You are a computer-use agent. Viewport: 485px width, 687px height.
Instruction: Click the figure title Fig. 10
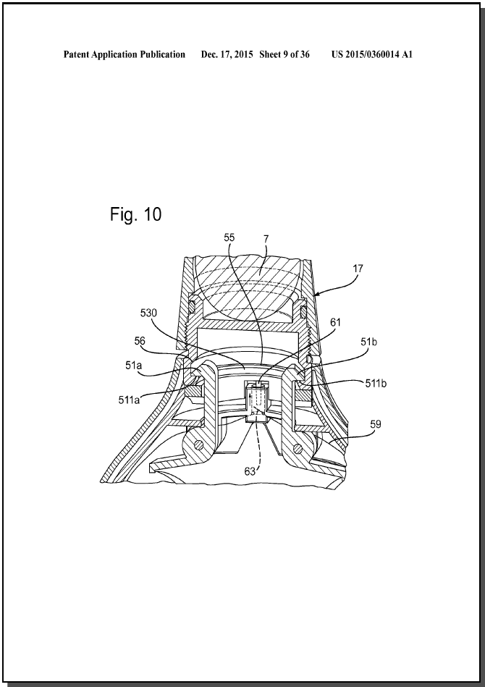coord(135,214)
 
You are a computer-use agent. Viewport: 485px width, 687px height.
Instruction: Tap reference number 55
coord(229,237)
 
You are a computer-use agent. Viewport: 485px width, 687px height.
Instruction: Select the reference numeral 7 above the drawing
coord(266,239)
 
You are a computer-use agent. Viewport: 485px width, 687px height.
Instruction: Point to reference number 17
coord(358,269)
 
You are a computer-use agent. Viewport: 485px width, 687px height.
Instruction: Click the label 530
coord(148,313)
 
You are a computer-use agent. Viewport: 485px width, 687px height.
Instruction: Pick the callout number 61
coord(335,322)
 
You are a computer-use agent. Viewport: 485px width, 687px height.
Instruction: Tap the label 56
coord(140,341)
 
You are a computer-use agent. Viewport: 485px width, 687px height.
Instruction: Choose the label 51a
coord(134,365)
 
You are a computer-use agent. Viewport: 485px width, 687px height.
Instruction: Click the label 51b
coord(368,342)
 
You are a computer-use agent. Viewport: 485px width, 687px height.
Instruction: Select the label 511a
coord(129,400)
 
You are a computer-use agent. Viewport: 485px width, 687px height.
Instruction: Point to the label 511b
coord(376,384)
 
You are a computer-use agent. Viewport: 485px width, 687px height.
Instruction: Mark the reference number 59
coord(376,424)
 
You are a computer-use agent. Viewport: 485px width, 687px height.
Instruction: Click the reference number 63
coord(250,471)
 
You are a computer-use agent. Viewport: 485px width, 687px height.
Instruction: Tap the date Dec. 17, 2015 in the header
coord(227,54)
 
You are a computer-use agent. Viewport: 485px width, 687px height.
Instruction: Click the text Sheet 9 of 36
coord(284,54)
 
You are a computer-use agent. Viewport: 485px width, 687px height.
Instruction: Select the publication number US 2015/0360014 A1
coord(372,54)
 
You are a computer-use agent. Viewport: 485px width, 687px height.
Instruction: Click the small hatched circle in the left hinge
coord(199,444)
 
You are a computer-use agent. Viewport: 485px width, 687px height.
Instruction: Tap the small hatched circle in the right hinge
coord(298,448)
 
